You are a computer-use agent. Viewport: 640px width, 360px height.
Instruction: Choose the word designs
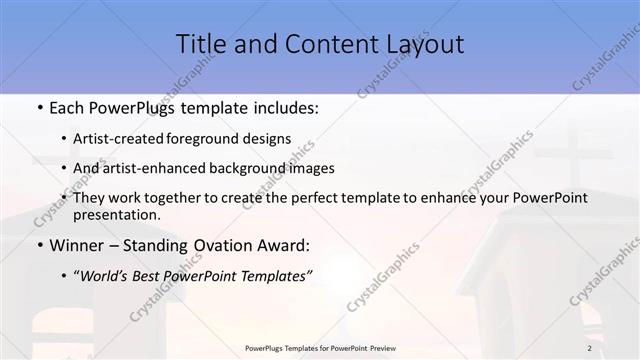pyautogui.click(x=267, y=139)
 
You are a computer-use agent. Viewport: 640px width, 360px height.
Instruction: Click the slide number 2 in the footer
pyautogui.click(x=590, y=348)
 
